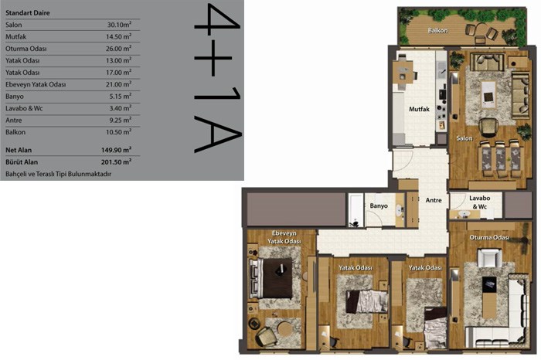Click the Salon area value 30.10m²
pyautogui.click(x=119, y=25)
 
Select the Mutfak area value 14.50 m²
pyautogui.click(x=118, y=36)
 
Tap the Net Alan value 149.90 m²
pyautogui.click(x=116, y=150)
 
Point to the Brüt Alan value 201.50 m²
pyautogui.click(x=116, y=161)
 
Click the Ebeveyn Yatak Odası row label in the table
pyautogui.click(x=36, y=84)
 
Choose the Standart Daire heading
pyautogui.click(x=28, y=13)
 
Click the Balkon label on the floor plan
pyautogui.click(x=438, y=30)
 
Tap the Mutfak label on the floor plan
pyautogui.click(x=419, y=109)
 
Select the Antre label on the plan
pyautogui.click(x=434, y=200)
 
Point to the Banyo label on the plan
pyautogui.click(x=379, y=205)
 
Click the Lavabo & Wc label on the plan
pyautogui.click(x=480, y=202)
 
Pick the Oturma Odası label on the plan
pyautogui.click(x=489, y=238)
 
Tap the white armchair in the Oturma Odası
pyautogui.click(x=489, y=258)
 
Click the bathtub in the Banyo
pyautogui.click(x=356, y=210)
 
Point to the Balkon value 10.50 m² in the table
pyautogui.click(x=118, y=132)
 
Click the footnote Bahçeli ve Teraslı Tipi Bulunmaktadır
pyautogui.click(x=58, y=174)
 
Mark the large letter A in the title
pyautogui.click(x=217, y=134)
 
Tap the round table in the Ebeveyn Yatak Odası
pyautogui.click(x=285, y=328)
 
